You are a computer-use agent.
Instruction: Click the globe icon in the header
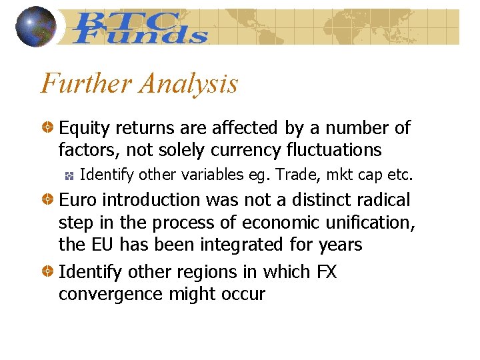[x=35, y=27]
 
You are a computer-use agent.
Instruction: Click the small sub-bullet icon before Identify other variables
[x=69, y=175]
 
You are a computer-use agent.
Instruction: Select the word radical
[x=384, y=199]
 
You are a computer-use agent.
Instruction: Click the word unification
[x=364, y=222]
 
